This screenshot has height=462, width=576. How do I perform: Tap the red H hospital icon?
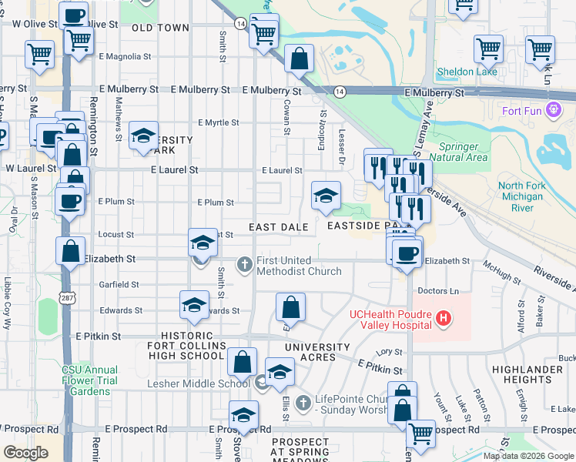(x=443, y=317)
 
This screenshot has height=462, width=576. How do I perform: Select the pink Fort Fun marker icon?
(x=553, y=111)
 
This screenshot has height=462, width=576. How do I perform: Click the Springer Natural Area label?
(x=464, y=152)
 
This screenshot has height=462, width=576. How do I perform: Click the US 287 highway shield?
(x=67, y=297)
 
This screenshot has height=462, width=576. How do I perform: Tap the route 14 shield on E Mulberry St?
(x=339, y=92)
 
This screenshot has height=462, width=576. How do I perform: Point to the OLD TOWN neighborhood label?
(x=160, y=28)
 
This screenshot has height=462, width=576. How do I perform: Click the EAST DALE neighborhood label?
(x=278, y=227)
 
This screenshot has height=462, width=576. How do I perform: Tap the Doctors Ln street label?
(x=437, y=291)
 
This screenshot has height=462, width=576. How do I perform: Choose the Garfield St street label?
(x=119, y=284)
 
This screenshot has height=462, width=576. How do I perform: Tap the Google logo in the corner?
(x=26, y=452)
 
